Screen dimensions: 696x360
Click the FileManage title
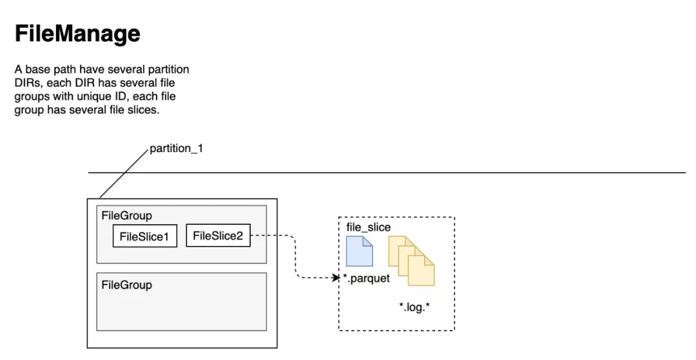[x=78, y=33]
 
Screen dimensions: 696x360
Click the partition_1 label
[x=176, y=149]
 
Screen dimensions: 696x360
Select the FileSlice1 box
[x=145, y=236]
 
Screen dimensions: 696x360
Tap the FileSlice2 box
[x=218, y=236]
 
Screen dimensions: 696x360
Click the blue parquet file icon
[x=359, y=251]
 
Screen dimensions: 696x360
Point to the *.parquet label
[x=367, y=278]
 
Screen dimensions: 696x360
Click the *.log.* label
[x=414, y=307]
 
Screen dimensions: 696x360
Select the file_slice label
[x=369, y=227]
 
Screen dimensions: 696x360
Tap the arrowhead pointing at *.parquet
[x=336, y=278]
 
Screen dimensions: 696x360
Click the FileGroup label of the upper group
[x=126, y=216]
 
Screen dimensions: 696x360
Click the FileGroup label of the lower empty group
[x=126, y=285]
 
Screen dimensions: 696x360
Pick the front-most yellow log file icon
[x=421, y=270]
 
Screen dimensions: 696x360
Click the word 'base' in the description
[x=38, y=70]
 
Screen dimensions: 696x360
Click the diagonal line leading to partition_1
[x=124, y=173]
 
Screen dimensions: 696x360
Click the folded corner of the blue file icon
[x=367, y=241]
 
